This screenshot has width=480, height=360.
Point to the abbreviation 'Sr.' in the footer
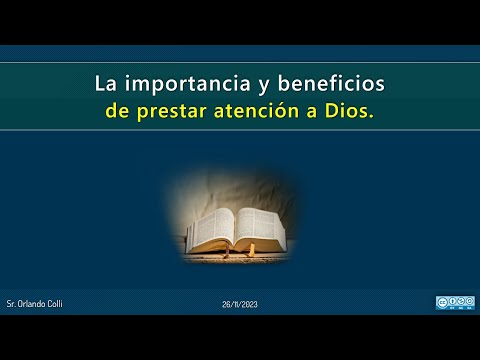24,302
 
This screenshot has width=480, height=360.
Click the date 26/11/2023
240,302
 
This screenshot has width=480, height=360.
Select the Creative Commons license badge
455,302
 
